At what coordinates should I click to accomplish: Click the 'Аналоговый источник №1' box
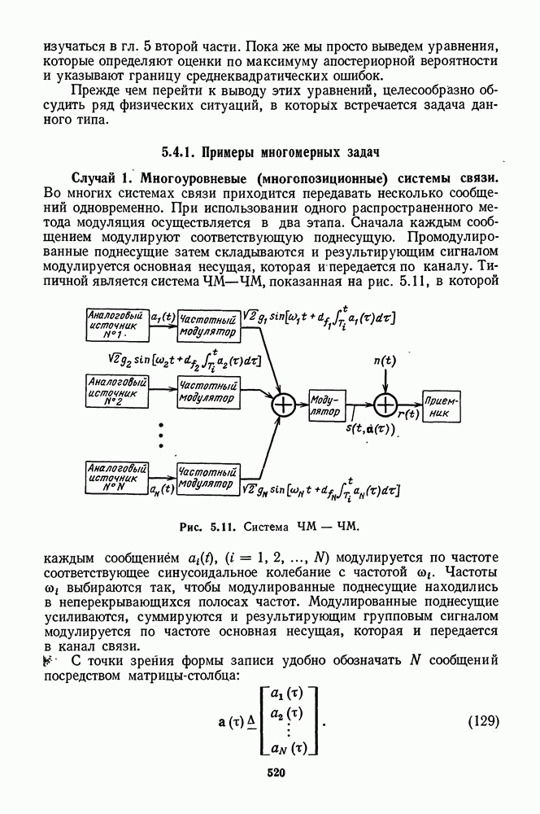click(116, 325)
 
